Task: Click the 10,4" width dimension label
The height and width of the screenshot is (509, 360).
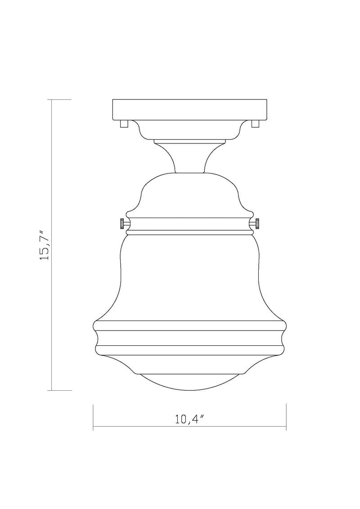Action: [x=189, y=419]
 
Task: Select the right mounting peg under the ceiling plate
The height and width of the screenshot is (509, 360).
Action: [x=255, y=124]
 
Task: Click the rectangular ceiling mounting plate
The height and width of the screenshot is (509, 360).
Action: [x=190, y=109]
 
